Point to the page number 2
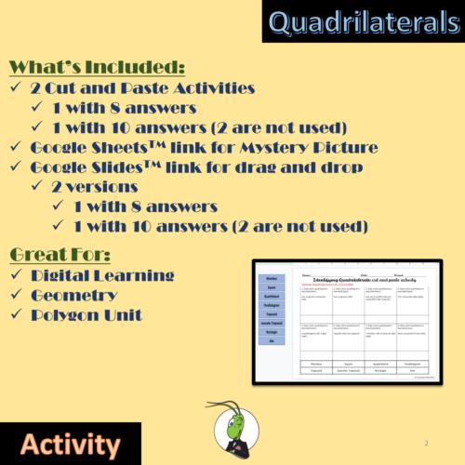(425, 444)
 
